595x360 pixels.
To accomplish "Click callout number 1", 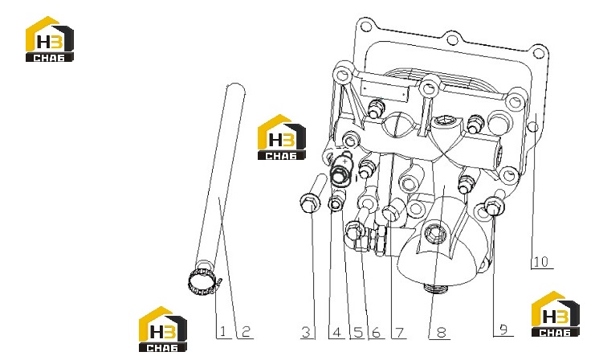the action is coord(222,332).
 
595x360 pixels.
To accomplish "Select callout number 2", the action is coord(246,332).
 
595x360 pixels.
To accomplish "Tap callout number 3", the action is coord(306,333).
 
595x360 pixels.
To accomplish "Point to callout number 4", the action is coord(336,333).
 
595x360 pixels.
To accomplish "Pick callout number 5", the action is coord(358,333).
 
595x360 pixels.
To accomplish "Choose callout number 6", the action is coord(376,333).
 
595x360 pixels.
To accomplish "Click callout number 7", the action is coord(399,333).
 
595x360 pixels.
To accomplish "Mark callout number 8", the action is coord(442,333).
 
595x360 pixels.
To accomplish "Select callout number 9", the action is coord(503,329).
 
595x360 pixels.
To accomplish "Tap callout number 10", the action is coord(541,262).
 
